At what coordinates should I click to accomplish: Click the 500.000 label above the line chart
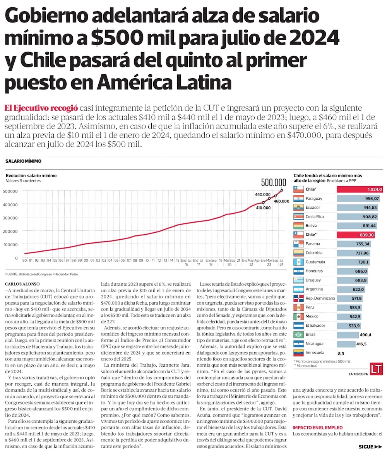(274, 182)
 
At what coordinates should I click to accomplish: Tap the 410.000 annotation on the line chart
(263, 208)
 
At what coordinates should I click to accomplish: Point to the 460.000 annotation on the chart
(282, 201)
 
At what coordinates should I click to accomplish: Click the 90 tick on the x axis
(24, 260)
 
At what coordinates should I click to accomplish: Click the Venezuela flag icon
(298, 353)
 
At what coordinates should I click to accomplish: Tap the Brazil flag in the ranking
(298, 334)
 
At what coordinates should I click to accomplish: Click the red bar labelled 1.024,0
(360, 189)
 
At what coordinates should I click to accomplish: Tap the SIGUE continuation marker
(370, 446)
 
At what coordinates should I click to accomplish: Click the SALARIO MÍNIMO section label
(23, 161)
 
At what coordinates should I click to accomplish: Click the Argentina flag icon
(298, 289)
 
